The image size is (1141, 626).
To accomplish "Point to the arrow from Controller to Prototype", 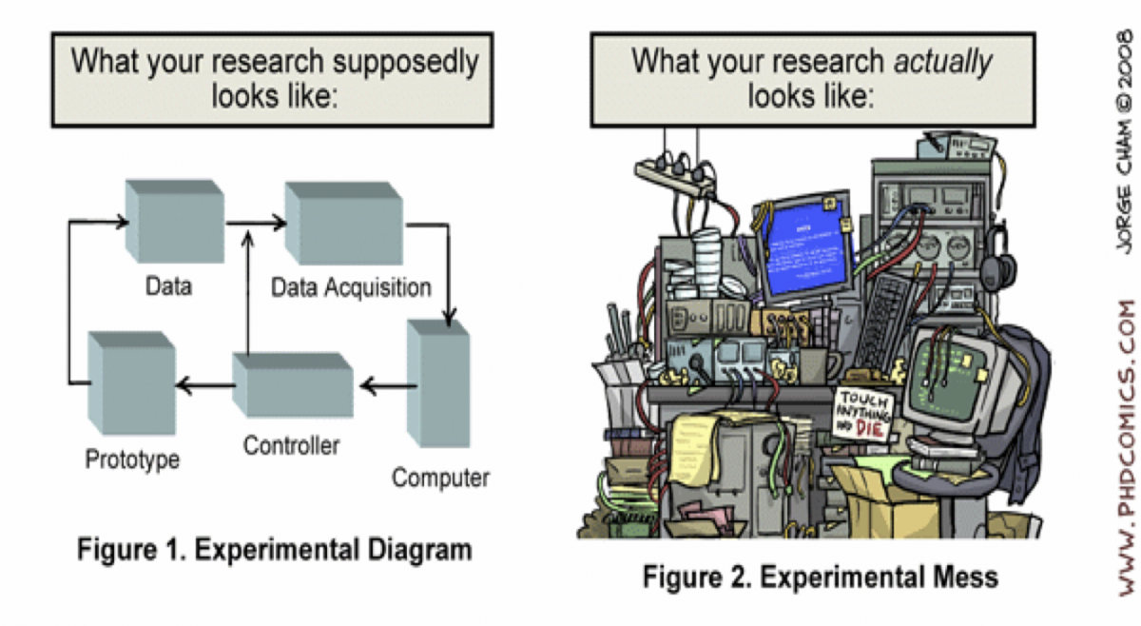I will click(x=203, y=384).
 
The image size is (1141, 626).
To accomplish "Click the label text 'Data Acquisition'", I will click(x=351, y=285).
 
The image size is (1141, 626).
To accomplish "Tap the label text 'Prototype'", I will click(x=133, y=460).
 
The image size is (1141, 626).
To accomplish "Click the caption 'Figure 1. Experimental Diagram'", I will click(x=274, y=549).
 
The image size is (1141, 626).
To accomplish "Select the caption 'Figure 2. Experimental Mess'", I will click(x=820, y=576).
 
